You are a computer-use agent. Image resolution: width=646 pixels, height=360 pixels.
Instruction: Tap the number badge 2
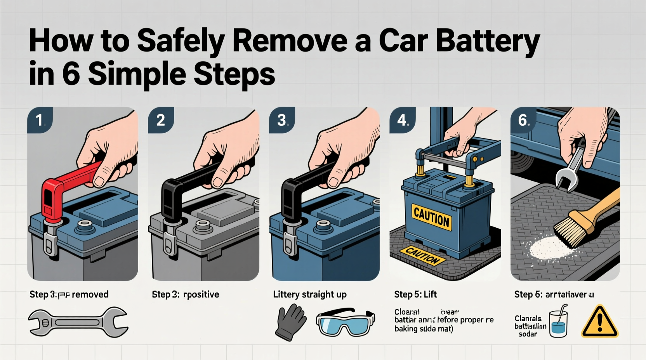coord(160,120)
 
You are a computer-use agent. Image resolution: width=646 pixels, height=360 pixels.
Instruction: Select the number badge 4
coord(402,120)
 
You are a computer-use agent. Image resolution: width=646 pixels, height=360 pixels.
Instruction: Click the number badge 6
coord(523,120)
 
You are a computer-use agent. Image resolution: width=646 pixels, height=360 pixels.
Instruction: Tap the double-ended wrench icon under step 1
coord(78,322)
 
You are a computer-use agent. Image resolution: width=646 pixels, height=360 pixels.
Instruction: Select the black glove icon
coord(290,322)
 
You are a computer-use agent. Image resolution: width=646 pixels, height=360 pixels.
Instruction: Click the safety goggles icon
coord(345,322)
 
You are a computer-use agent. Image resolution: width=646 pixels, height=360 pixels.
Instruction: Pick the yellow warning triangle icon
coord(599,322)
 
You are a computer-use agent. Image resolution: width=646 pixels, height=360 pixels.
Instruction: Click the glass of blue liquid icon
coord(558,323)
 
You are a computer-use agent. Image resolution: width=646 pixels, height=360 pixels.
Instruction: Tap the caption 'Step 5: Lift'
coord(415,294)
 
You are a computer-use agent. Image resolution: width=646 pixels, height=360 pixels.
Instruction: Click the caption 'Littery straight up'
coord(309,294)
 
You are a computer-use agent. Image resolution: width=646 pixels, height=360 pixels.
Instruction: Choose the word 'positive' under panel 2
coord(201,294)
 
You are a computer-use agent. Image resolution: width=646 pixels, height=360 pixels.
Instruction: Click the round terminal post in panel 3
coord(323,225)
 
